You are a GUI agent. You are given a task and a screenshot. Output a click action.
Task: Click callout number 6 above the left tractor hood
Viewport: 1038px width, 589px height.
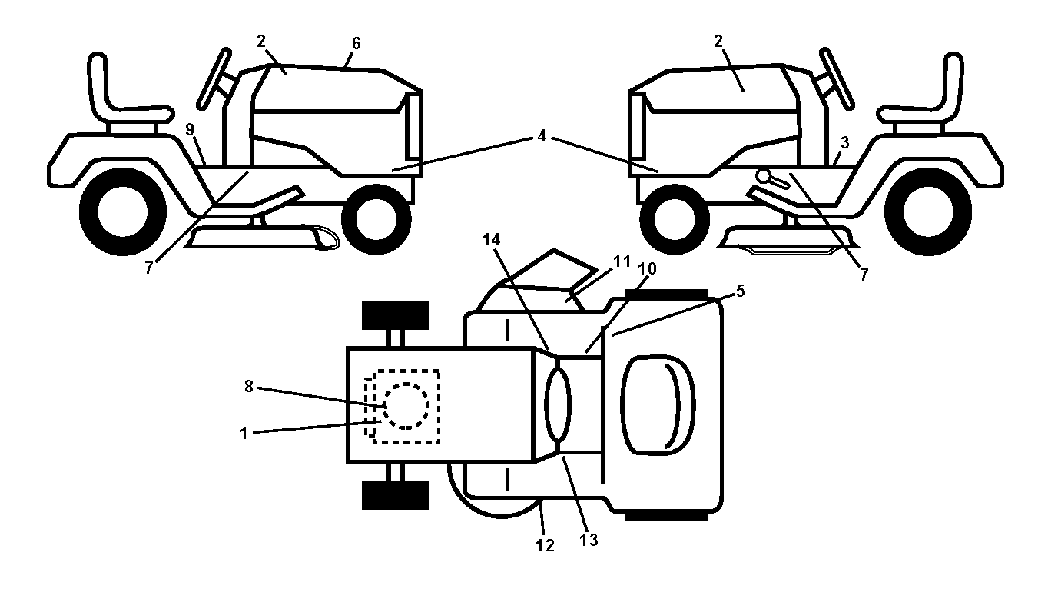click(356, 43)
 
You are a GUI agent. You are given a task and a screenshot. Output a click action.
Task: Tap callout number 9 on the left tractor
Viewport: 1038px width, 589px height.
click(190, 129)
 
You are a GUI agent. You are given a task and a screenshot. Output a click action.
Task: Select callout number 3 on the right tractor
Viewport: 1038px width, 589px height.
click(844, 143)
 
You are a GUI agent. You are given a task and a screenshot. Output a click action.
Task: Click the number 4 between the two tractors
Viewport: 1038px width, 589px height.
click(542, 136)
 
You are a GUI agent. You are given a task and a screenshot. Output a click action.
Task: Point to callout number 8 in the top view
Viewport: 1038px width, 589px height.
click(249, 386)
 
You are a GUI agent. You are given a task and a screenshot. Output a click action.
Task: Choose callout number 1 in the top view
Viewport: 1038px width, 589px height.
click(244, 434)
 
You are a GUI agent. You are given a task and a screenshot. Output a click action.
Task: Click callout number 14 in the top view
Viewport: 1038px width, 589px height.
click(492, 239)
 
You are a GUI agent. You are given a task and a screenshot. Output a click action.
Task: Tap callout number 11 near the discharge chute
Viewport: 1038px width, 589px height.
click(622, 261)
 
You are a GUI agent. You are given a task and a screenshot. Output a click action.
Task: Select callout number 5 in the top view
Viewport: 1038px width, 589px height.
click(740, 291)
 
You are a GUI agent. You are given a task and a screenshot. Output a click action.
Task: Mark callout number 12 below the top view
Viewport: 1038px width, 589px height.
click(545, 545)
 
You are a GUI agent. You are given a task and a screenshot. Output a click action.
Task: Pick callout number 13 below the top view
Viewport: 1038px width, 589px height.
click(589, 539)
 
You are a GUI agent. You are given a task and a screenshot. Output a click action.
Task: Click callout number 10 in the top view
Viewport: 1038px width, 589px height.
click(647, 268)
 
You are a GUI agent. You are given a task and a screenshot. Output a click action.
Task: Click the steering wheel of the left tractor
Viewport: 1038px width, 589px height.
click(214, 78)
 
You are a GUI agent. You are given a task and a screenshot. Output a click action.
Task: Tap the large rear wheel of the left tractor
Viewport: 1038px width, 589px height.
click(123, 211)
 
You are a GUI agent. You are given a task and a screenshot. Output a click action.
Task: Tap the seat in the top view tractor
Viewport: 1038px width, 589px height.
click(658, 405)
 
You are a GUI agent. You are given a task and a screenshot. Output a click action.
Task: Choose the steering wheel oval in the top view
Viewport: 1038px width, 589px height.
click(558, 404)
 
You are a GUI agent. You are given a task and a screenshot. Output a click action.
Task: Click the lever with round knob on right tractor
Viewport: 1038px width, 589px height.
click(772, 179)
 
